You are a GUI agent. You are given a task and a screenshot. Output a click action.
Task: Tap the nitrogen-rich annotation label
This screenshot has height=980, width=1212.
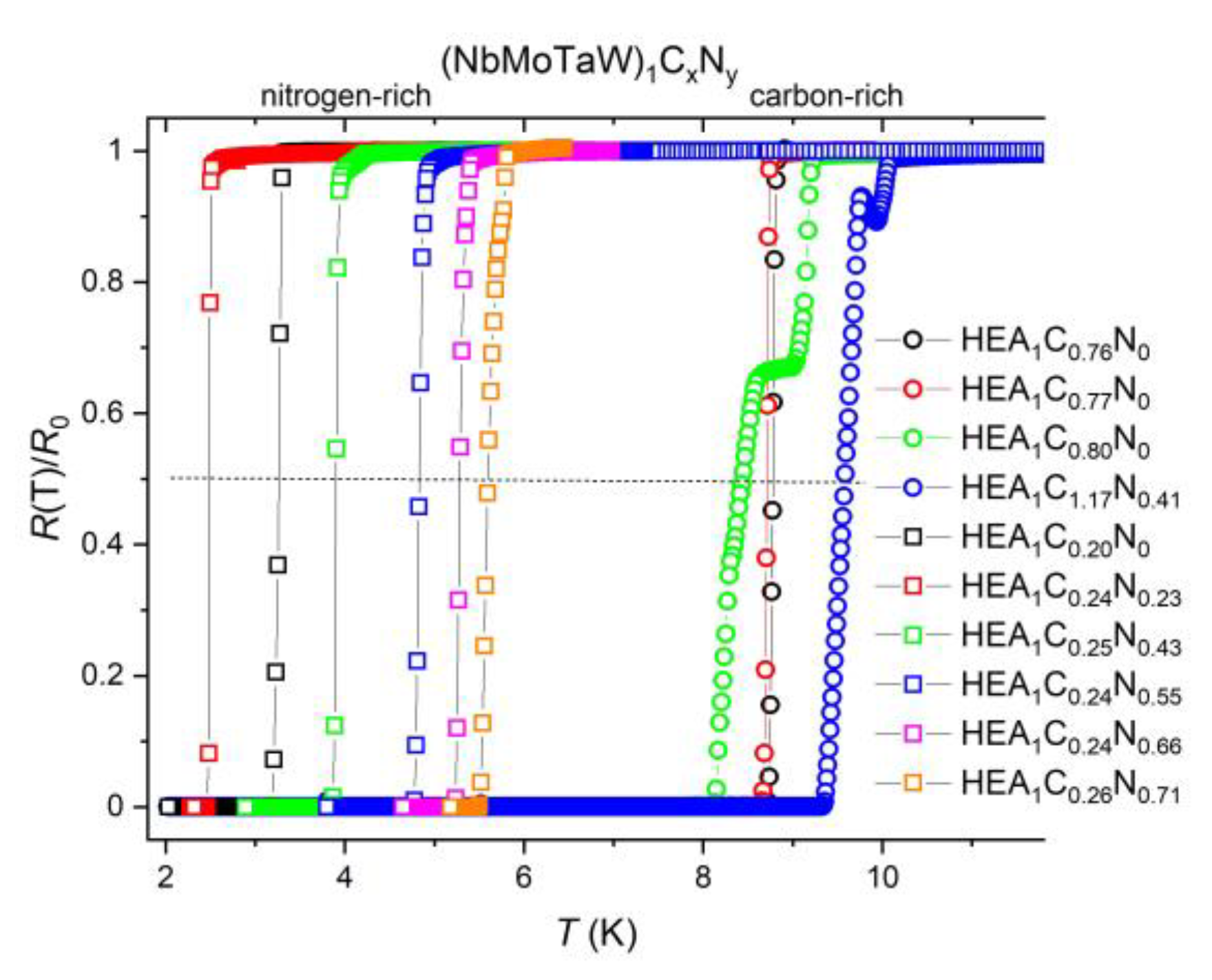[346, 96]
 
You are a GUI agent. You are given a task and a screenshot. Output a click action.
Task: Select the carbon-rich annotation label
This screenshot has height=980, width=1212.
[826, 96]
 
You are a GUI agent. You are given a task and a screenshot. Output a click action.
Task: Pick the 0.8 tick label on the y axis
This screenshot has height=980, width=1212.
[103, 282]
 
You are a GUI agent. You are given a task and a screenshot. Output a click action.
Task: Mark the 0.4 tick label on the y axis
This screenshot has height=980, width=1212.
[103, 544]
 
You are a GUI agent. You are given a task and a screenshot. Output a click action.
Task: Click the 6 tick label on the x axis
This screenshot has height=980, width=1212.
[523, 878]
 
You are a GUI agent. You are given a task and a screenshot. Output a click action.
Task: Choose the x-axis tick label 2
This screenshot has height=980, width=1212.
[165, 878]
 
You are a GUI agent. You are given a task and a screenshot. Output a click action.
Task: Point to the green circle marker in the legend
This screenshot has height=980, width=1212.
[913, 438]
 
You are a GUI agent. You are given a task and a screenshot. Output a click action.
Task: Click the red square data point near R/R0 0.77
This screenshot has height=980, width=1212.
[210, 303]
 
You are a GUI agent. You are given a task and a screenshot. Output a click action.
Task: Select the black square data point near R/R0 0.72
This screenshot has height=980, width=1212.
[280, 334]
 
